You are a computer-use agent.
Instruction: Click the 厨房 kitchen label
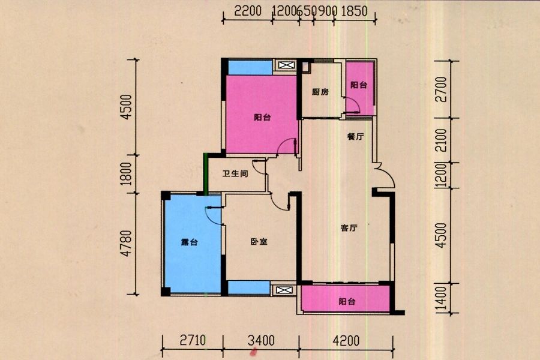click(320, 92)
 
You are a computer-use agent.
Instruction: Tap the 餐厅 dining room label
click(355, 136)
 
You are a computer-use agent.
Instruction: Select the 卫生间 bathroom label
click(235, 173)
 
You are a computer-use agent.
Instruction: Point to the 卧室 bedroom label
click(259, 242)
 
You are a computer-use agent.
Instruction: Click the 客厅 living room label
click(349, 228)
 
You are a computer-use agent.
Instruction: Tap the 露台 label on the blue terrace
click(189, 242)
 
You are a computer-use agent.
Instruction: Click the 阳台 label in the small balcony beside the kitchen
click(359, 85)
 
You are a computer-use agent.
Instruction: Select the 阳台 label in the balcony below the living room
click(347, 301)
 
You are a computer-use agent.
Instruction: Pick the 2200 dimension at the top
click(248, 11)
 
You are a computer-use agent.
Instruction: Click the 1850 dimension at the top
click(355, 11)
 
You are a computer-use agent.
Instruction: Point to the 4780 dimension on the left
click(127, 243)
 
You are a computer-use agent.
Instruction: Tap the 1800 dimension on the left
click(127, 173)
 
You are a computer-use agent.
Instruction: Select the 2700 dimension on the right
click(441, 89)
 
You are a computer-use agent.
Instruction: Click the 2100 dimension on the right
click(441, 140)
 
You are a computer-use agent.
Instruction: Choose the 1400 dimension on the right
click(441, 299)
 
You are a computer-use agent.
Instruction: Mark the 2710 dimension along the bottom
click(193, 340)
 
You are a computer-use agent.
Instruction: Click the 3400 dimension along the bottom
click(261, 340)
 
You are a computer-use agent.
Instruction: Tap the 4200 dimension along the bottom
click(346, 340)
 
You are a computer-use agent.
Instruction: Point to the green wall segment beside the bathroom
click(206, 175)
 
